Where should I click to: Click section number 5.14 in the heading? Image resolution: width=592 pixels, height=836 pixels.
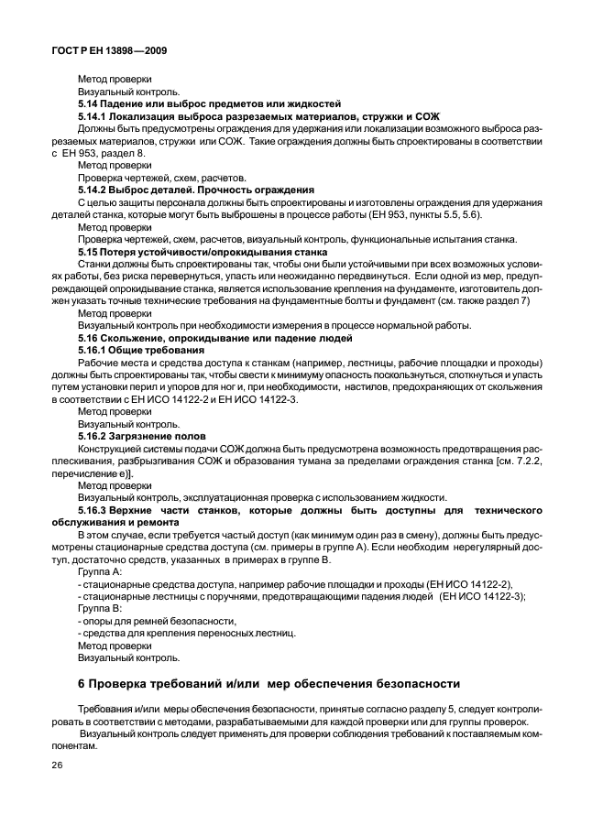coord(90,103)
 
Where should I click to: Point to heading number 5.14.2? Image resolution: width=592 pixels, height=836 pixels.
coord(94,190)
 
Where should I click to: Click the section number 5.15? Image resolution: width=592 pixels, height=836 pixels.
coord(90,251)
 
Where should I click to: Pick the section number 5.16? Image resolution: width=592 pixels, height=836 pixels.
coord(90,337)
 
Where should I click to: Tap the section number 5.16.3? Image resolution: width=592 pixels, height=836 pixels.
coord(94,508)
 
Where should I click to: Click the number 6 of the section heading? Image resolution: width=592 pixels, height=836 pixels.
coord(82,685)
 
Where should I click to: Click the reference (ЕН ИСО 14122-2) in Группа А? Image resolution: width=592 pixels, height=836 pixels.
coord(470,582)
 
